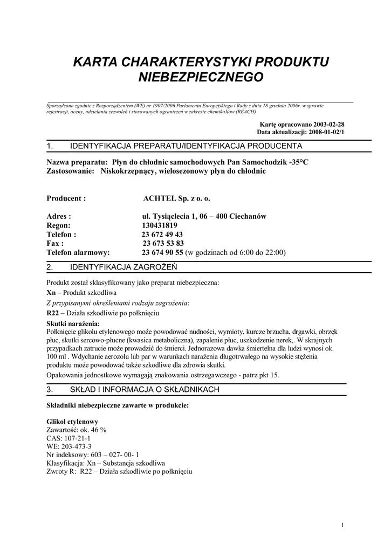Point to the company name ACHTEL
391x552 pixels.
tap(159, 198)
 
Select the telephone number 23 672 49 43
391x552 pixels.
tap(161, 234)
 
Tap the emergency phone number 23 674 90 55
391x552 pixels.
tap(163, 252)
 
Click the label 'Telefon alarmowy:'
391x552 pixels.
tap(78, 252)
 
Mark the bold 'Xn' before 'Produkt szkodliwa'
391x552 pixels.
tap(51, 292)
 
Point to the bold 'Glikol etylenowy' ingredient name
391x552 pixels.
tap(72, 421)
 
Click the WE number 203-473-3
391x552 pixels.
tap(78, 447)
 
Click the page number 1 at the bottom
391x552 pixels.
tap(342, 526)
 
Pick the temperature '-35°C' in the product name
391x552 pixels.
tap(299, 162)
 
